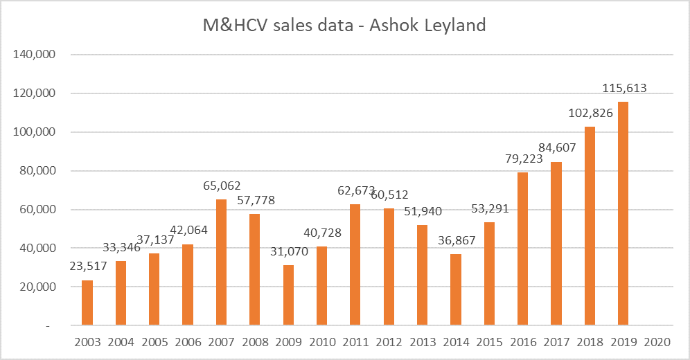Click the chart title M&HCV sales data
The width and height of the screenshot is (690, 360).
point(344,26)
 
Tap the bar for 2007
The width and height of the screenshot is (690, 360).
point(221,262)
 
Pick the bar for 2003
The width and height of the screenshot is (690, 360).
point(87,303)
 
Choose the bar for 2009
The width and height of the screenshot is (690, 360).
point(288,295)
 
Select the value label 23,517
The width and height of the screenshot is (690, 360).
point(87,267)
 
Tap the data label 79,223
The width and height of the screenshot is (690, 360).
point(522,159)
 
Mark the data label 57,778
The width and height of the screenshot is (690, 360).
point(254,200)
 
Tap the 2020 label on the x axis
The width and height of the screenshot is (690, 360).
point(657,342)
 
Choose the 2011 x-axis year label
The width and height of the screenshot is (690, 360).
point(355,342)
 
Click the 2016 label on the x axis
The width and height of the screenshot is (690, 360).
point(522,342)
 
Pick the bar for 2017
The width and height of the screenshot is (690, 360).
point(556,244)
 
